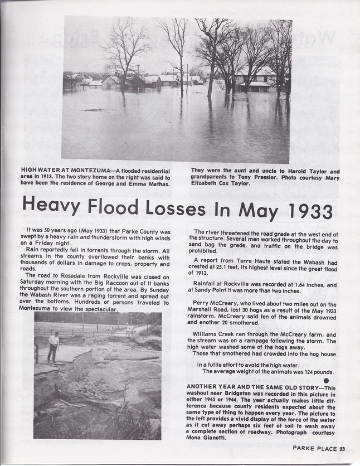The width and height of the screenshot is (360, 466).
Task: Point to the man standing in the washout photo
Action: click(52, 346)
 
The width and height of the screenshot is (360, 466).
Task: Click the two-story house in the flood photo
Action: click(254, 78)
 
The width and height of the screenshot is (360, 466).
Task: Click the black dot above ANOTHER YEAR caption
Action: click(326, 380)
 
